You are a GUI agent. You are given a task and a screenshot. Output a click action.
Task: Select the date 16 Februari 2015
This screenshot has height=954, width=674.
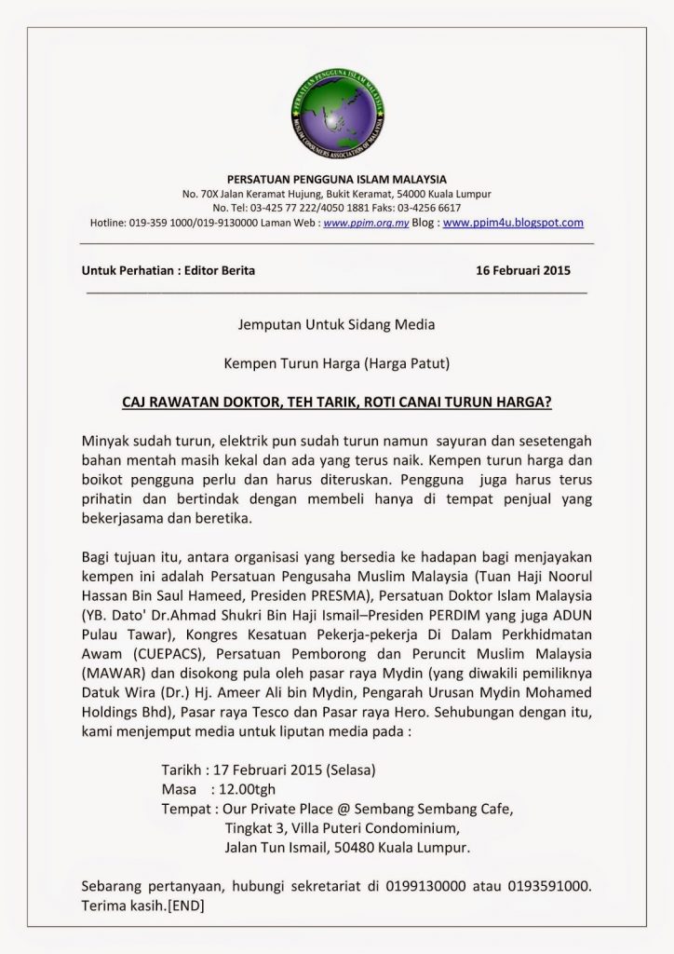[523, 271]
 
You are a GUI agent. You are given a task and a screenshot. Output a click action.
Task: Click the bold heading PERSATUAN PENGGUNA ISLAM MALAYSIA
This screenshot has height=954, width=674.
[337, 178]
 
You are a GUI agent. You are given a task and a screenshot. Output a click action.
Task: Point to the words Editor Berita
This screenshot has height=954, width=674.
[215, 271]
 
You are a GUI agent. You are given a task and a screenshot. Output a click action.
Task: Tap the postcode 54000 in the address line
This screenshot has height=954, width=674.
[417, 194]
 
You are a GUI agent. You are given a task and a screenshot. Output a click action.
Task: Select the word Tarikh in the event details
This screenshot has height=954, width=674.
[182, 771]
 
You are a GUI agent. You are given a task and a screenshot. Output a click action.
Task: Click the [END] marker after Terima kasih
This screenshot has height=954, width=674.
[187, 905]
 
